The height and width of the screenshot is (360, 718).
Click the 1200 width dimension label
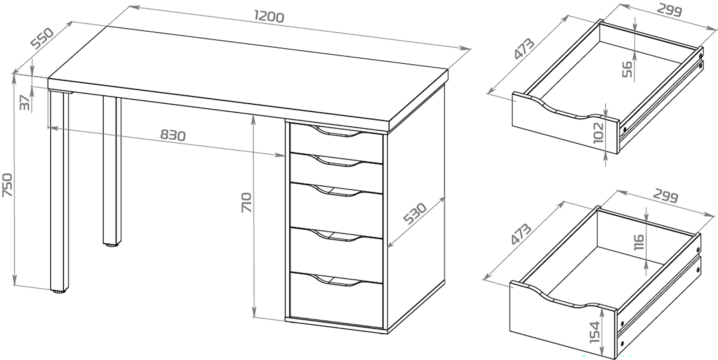(x=269, y=17)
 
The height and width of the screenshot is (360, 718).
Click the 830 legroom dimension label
(x=173, y=135)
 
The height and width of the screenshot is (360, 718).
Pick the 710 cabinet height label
(x=247, y=202)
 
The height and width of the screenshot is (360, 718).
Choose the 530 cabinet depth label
(x=415, y=213)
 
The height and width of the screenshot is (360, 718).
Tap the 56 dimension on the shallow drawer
(x=627, y=69)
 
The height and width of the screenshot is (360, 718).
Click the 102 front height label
(x=598, y=133)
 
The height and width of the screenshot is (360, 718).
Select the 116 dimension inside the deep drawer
(x=638, y=242)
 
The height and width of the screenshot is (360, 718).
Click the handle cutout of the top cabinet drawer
(x=337, y=132)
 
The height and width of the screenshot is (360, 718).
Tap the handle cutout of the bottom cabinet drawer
(x=337, y=281)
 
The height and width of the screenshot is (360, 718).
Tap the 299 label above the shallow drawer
(x=669, y=10)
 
